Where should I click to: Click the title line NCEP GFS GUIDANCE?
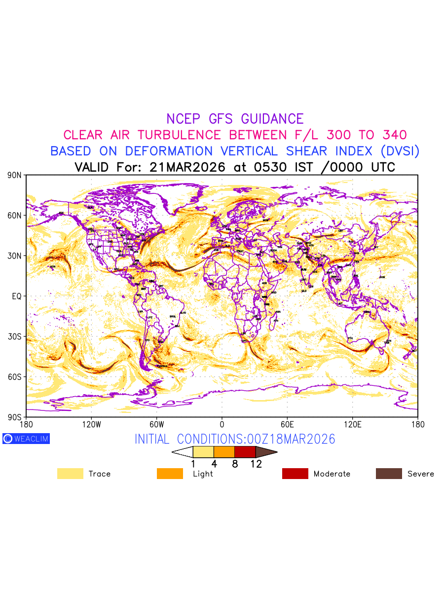tap(235, 119)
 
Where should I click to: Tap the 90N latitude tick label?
tap(15, 175)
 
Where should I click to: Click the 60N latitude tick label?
tap(15, 216)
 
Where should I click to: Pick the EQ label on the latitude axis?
tap(17, 296)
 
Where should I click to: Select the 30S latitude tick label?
tap(15, 336)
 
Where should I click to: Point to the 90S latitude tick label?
tap(15, 417)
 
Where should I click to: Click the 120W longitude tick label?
tap(91, 424)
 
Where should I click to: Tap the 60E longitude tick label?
tap(287, 424)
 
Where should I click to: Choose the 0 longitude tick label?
tap(222, 424)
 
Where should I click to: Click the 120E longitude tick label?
tap(352, 424)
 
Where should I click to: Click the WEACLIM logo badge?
tap(26, 439)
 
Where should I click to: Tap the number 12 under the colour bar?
tap(256, 464)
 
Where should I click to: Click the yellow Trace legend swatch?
tap(70, 474)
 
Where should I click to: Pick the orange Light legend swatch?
tap(170, 474)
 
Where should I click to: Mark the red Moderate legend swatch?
tap(295, 474)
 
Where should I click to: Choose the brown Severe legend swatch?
tap(389, 474)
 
